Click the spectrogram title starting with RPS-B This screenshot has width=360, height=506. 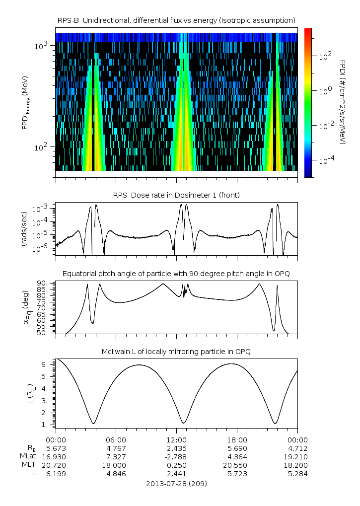(x=176, y=20)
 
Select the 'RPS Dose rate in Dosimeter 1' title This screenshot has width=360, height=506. (x=176, y=195)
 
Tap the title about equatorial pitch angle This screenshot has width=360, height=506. (x=176, y=274)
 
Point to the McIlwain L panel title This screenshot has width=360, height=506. (x=176, y=351)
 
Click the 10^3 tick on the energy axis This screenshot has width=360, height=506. (x=41, y=46)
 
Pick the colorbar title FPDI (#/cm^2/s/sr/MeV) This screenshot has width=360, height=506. (x=343, y=102)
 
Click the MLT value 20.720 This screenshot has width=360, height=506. (x=56, y=465)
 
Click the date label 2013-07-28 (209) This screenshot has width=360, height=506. (x=176, y=484)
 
